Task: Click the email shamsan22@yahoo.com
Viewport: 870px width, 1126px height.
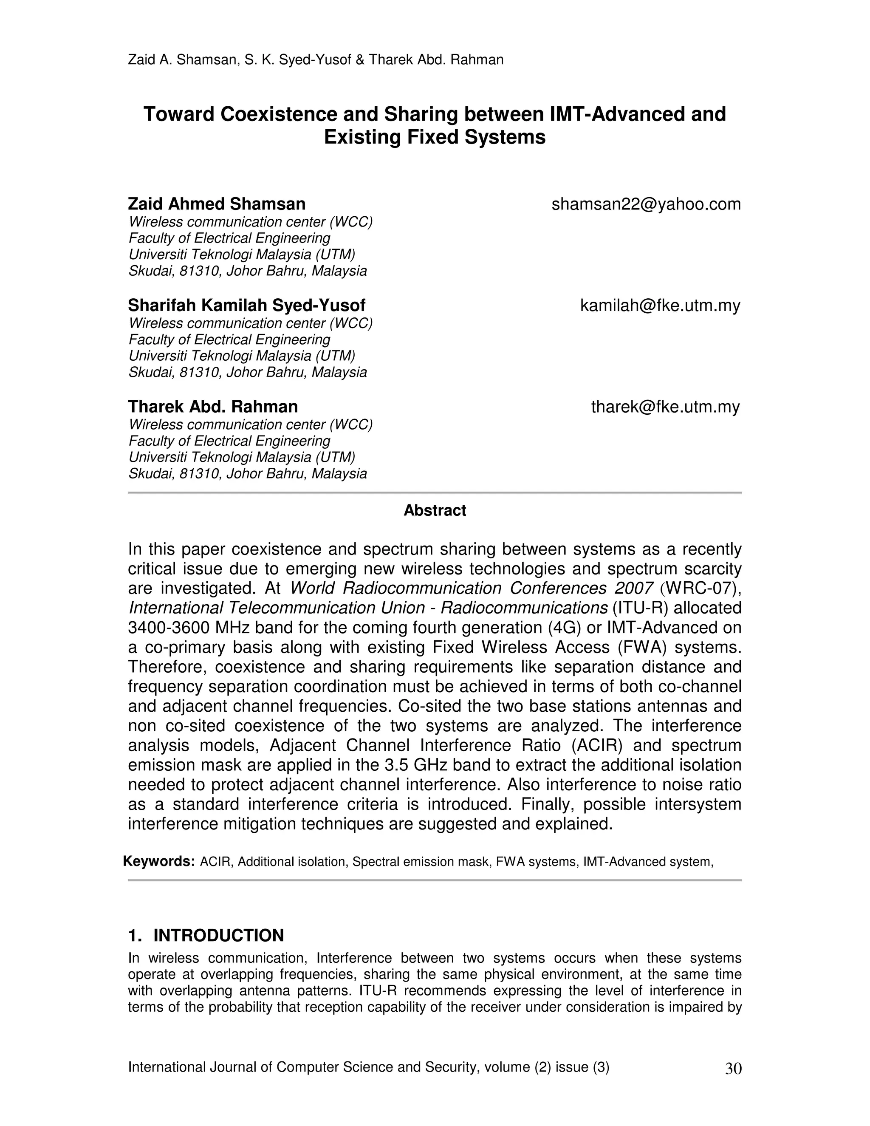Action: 646,204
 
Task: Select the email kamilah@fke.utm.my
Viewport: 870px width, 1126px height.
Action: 660,306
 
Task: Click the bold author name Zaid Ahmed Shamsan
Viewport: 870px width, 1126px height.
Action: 217,204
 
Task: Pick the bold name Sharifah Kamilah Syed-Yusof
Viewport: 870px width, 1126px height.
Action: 246,306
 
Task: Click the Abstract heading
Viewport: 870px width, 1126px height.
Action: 435,510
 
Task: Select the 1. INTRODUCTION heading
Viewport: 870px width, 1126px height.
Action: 206,936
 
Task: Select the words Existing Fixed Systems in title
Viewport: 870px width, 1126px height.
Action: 435,137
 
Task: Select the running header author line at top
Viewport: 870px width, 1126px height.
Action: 316,60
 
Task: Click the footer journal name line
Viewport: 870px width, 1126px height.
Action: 368,1067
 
